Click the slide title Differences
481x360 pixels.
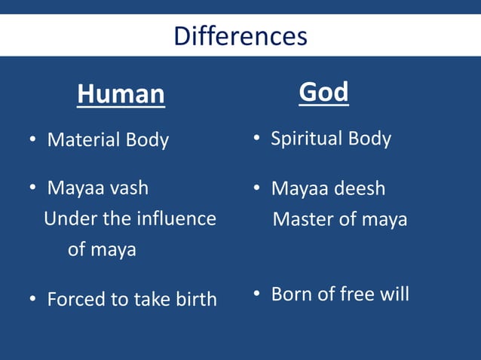pyautogui.click(x=240, y=36)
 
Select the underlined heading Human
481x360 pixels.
pyautogui.click(x=121, y=94)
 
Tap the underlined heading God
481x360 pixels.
pyautogui.click(x=323, y=92)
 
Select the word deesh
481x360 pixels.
pyautogui.click(x=360, y=188)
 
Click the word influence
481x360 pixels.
pyautogui.click(x=176, y=219)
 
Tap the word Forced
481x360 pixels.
pyautogui.click(x=76, y=299)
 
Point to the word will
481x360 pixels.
pyautogui.click(x=394, y=294)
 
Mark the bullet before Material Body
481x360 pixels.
pyautogui.click(x=33, y=141)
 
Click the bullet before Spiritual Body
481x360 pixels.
pyautogui.click(x=257, y=139)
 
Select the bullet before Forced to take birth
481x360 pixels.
pyautogui.click(x=33, y=300)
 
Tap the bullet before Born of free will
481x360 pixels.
pyautogui.click(x=257, y=294)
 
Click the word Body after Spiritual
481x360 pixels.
pyautogui.click(x=369, y=139)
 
